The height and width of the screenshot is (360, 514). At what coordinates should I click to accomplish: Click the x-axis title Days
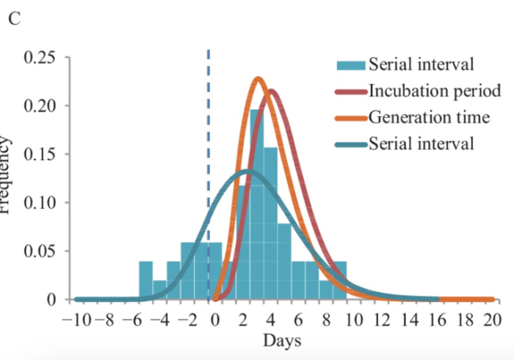pyautogui.click(x=282, y=340)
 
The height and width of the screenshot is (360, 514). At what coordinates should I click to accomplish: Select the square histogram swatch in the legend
pyautogui.click(x=350, y=65)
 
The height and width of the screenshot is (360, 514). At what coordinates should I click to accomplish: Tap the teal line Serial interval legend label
pyautogui.click(x=421, y=143)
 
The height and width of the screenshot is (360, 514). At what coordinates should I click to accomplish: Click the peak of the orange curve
pyautogui.click(x=258, y=79)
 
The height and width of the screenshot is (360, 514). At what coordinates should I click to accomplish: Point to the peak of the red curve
pyautogui.click(x=272, y=92)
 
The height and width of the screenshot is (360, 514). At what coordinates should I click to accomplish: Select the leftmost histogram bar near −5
pyautogui.click(x=145, y=280)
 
